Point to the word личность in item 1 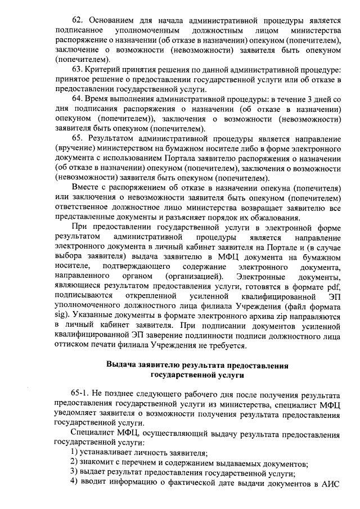pyautogui.click(x=141, y=453)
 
